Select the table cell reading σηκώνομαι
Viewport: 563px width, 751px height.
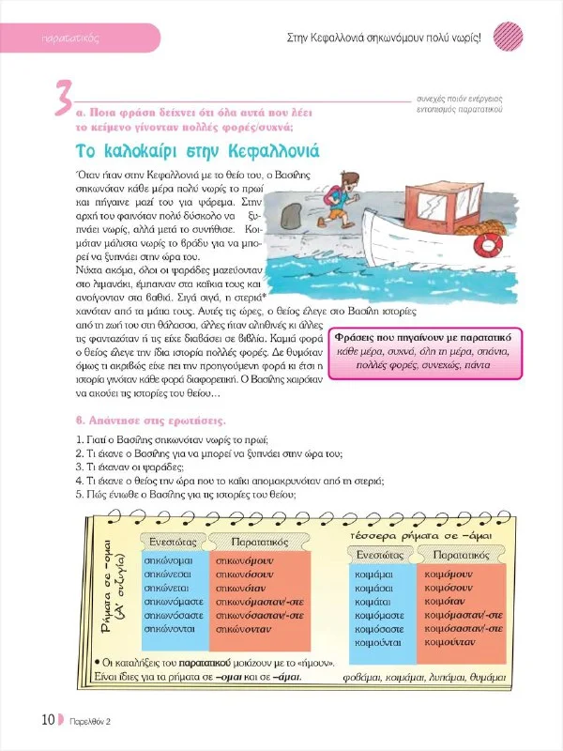pos(167,559)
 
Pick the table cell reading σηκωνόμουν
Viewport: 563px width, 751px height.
pos(242,559)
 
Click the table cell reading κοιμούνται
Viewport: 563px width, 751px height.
pos(378,642)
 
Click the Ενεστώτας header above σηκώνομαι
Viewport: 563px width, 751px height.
pos(172,541)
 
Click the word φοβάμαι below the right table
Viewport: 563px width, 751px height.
pos(366,676)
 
